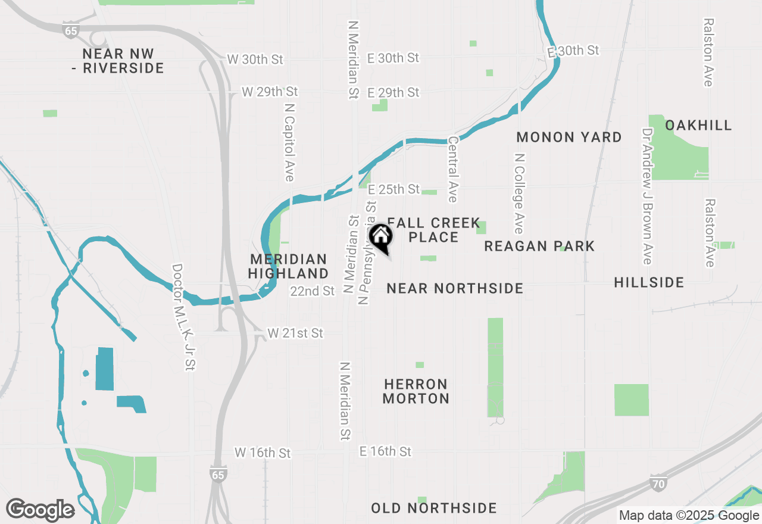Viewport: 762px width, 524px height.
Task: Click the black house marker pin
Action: pos(380,237)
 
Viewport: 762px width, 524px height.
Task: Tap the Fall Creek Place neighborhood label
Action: pos(433,230)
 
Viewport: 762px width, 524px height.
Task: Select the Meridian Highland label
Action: pos(288,266)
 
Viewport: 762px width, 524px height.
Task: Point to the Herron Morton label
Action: pos(416,391)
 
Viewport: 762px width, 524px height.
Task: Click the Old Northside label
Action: pos(433,508)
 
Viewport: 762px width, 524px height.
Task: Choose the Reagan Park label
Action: pos(539,246)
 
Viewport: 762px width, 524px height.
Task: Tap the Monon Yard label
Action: pos(569,137)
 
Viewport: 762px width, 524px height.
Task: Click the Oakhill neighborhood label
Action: pos(698,125)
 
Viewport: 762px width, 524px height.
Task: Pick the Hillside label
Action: pos(649,282)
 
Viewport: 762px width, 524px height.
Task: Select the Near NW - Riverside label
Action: pos(123,61)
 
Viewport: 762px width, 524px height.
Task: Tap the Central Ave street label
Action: pos(453,170)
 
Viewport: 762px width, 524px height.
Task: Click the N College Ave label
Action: pos(520,194)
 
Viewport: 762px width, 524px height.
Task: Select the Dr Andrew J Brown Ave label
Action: pos(648,196)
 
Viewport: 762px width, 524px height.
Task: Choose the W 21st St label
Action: pos(295,333)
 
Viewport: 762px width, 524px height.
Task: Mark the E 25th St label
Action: pos(394,189)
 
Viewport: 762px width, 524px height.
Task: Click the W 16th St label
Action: pos(263,453)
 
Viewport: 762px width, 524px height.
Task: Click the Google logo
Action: pos(40,510)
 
